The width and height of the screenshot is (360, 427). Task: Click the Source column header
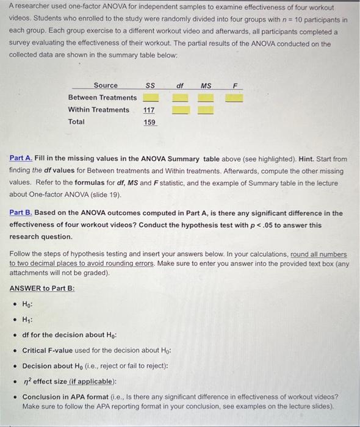point(106,85)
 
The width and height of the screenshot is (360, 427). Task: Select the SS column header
point(149,85)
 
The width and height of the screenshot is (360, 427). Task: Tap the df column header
point(180,85)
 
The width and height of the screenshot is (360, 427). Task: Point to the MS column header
point(206,85)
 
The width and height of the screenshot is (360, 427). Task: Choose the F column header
point(235,85)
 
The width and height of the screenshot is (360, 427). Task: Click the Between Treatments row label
point(103,98)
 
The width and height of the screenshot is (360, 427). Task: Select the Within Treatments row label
point(99,110)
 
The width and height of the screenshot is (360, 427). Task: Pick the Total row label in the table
point(77,122)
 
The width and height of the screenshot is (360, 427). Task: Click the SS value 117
point(149,110)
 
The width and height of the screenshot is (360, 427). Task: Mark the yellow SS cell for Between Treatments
point(150,98)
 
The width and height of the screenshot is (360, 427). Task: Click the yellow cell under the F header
point(235,98)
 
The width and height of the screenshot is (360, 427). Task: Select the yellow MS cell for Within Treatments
point(206,110)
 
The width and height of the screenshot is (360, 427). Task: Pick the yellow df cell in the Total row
point(180,122)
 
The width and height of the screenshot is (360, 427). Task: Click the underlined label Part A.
point(21,158)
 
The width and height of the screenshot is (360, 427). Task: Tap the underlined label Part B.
point(21,213)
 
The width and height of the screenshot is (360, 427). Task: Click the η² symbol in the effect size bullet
point(26,382)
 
